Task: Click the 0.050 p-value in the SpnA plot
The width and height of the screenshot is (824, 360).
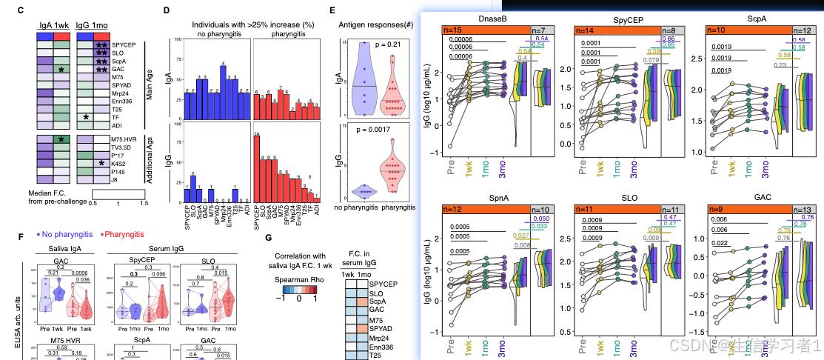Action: coord(540,220)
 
